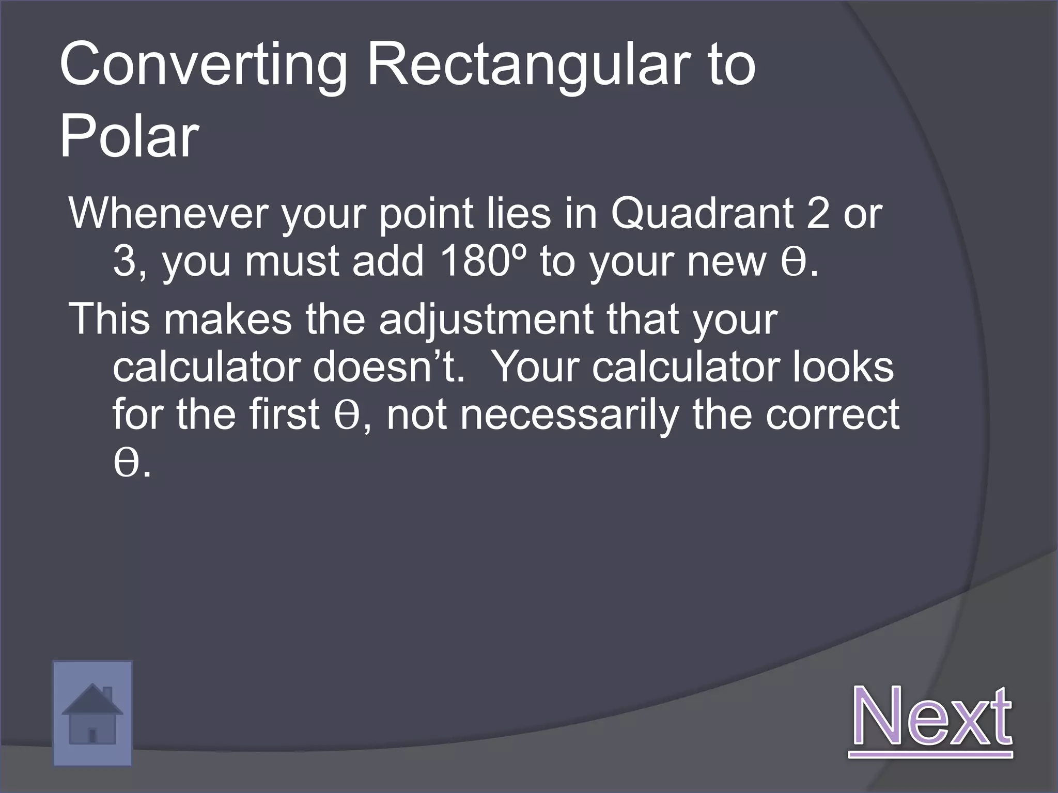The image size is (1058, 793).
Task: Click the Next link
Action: (x=930, y=717)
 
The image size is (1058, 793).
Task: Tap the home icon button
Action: (x=92, y=713)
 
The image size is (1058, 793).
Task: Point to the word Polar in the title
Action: (x=129, y=136)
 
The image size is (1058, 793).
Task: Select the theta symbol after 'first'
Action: (x=346, y=416)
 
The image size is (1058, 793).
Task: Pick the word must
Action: (x=291, y=261)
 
